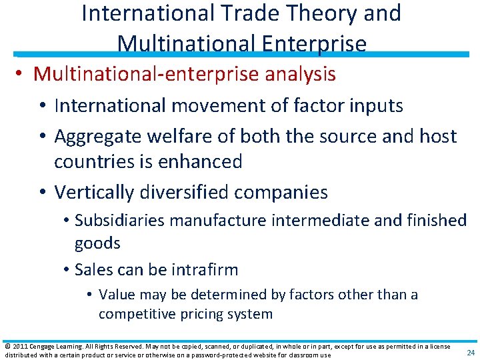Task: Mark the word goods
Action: click(x=97, y=243)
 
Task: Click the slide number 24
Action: click(x=471, y=352)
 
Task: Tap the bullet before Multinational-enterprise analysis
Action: click(x=23, y=74)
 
